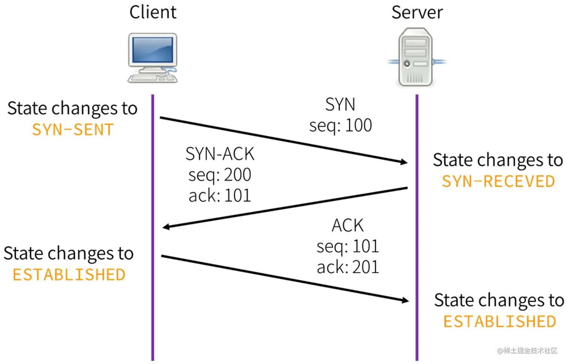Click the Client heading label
pos(153,12)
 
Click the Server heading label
pos(417,12)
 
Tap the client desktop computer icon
pos(153,58)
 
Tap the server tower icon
pos(416,57)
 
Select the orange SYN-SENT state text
pos(73,130)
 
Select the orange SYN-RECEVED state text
pos(498,182)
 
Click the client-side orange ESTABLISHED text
pos(69,275)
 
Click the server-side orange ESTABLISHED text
pos(499,322)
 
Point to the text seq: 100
pos(340,125)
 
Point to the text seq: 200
pos(220,175)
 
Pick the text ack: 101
pos(220,196)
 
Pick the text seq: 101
pos(348,247)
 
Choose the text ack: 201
pos(348,267)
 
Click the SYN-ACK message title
pos(220,154)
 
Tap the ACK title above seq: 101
pos(348,226)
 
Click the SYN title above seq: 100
pos(340,105)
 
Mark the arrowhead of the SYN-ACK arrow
pos(166,227)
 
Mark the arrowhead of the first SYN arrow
pos(404,162)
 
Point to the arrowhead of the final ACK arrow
pos(405,300)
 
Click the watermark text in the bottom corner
pos(527,350)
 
